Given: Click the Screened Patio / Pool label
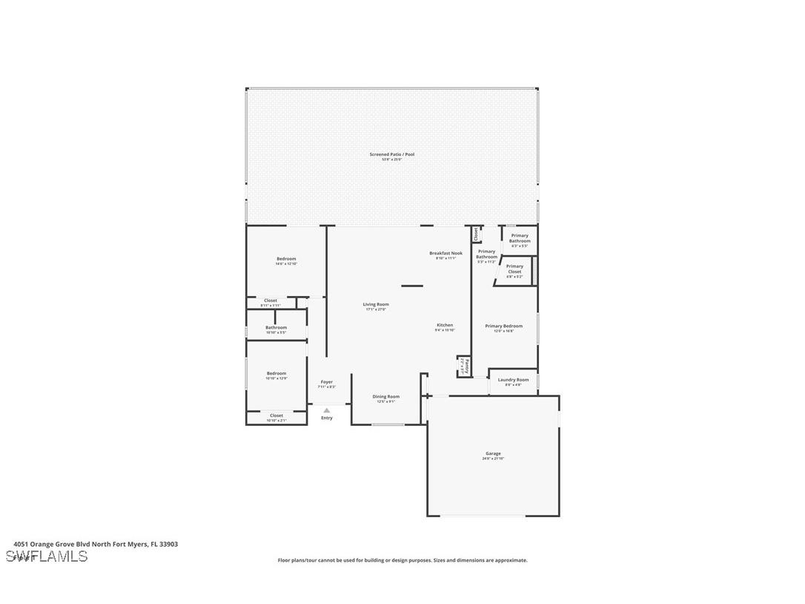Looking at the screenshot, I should coord(392,154).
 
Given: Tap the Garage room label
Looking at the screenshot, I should coord(493,453).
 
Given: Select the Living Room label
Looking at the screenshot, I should coord(376,304).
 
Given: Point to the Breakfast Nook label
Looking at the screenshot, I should coord(445,253).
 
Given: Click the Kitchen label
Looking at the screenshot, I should coord(445,325).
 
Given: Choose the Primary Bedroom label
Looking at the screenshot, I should coord(503,326).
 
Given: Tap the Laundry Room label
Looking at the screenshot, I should coord(514,380).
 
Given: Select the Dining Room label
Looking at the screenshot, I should coord(385,397).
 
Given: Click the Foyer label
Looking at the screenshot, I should coord(327,382).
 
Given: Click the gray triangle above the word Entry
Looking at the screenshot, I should coord(327,410).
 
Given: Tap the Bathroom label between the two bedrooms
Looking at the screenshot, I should coord(276,327).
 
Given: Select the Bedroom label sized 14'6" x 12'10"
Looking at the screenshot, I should coord(286,258).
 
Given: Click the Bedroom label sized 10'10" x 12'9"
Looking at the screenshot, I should coord(276,373).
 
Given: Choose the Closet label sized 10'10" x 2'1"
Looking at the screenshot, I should coord(276,416).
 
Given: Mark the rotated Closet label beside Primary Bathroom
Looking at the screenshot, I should coord(476,234).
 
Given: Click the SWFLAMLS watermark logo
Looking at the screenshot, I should coord(47,557).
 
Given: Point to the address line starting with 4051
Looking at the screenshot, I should coord(96,544).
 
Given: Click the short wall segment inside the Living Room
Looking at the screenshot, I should coord(412,286).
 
